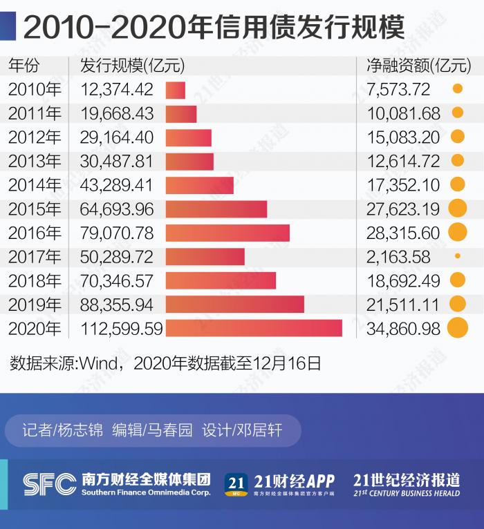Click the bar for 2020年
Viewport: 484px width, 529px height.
coord(254,328)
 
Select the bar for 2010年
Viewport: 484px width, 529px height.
coord(176,90)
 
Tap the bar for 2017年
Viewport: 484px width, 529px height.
coord(205,257)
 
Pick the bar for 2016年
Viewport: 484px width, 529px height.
coord(227,233)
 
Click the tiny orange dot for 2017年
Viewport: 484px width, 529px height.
coord(457,256)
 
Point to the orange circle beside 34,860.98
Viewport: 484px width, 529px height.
coord(457,328)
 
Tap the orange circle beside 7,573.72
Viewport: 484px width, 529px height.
coord(457,89)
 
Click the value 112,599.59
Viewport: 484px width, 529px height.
coord(120,329)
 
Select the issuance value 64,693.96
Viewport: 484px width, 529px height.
coord(117,209)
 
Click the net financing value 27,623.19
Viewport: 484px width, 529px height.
coord(403,209)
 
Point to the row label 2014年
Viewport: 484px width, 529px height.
coord(35,185)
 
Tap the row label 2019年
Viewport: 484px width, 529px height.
coord(35,305)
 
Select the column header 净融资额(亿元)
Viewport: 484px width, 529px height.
coord(418,66)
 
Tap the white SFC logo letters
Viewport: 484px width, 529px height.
coord(49,484)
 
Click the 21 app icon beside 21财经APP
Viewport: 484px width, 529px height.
coord(236,484)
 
